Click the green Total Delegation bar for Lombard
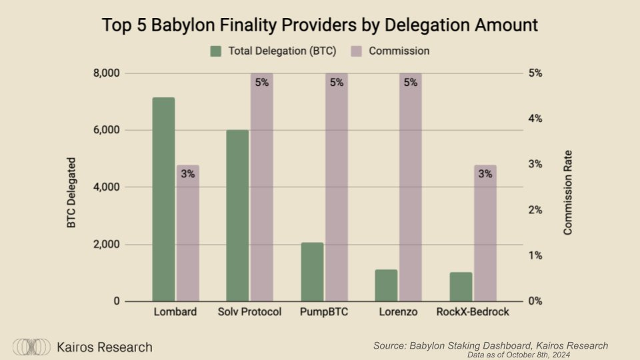pos(163,199)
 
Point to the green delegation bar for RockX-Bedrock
pos(461,287)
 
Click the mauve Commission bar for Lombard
pos(188,240)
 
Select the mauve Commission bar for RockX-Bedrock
pos(485,240)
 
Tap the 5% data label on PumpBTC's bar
pos(337,83)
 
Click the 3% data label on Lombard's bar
pos(188,174)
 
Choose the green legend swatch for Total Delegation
pos(215,51)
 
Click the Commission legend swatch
pos(356,51)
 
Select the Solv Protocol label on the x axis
pos(250,312)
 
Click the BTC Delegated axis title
pos(71,193)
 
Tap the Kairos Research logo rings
pos(32,347)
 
